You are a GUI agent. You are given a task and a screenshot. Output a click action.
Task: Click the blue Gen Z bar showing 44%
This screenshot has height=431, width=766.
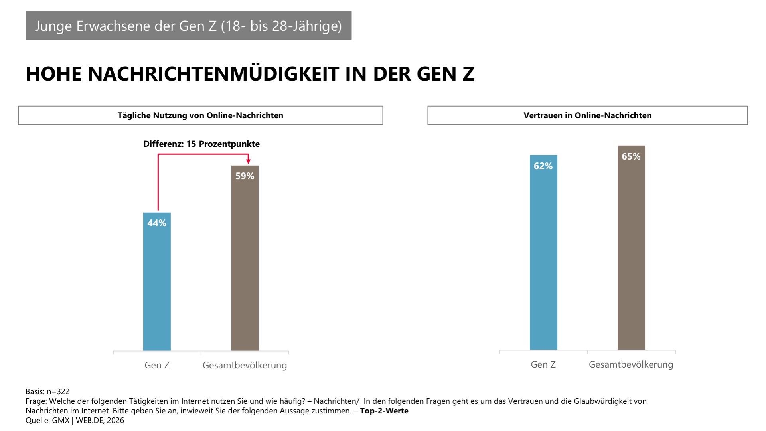157,287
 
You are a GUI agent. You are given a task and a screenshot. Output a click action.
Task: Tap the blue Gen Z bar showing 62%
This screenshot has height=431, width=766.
543,259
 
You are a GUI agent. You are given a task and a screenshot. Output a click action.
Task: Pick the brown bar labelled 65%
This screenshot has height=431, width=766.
631,255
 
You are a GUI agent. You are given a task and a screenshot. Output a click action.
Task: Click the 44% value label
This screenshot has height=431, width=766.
157,223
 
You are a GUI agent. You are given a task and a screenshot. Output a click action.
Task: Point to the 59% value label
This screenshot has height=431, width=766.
245,176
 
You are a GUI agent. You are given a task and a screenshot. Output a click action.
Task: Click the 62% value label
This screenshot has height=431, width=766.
543,166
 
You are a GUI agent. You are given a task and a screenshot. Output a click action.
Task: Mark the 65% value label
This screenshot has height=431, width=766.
631,156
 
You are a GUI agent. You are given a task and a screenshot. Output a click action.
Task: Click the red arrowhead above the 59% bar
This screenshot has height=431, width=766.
248,161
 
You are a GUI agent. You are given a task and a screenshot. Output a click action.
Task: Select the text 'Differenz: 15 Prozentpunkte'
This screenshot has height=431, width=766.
201,144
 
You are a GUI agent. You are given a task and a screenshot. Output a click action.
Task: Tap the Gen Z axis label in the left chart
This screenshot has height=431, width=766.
157,365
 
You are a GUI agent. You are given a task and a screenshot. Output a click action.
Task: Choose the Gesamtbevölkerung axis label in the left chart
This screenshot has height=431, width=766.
245,365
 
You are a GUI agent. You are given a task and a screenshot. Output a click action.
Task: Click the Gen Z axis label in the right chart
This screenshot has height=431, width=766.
543,364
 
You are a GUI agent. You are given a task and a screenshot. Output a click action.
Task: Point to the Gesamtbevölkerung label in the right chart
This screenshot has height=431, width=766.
631,364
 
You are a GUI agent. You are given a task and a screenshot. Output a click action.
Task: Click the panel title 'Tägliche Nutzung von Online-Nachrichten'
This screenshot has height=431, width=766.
200,115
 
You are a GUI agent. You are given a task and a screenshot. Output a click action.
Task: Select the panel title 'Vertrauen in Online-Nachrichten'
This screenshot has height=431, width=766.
588,115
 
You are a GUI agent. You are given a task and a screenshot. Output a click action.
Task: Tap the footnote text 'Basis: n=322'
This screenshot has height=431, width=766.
47,391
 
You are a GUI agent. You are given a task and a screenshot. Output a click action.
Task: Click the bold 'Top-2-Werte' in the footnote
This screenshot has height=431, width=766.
384,411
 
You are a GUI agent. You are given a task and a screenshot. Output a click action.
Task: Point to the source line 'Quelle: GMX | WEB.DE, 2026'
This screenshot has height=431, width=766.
75,420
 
